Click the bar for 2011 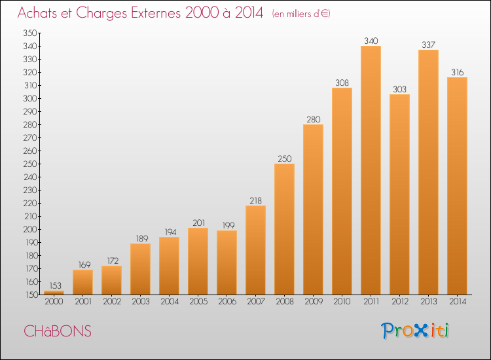click(x=371, y=170)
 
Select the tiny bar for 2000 click(x=54, y=293)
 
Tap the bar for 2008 click(x=284, y=229)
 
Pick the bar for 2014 click(x=457, y=186)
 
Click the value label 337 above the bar click(x=428, y=45)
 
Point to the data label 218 click(x=255, y=201)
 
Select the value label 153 click(x=55, y=285)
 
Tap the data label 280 click(x=314, y=119)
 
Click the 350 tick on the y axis click(x=29, y=33)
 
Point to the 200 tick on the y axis click(x=29, y=230)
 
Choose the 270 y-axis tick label click(x=29, y=137)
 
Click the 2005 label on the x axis click(x=198, y=302)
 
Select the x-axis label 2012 click(x=400, y=302)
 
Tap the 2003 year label click(x=141, y=302)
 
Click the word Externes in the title click(x=156, y=13)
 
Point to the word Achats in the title click(x=37, y=13)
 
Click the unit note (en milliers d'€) click(x=301, y=14)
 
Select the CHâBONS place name click(x=58, y=331)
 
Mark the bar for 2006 click(x=227, y=262)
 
